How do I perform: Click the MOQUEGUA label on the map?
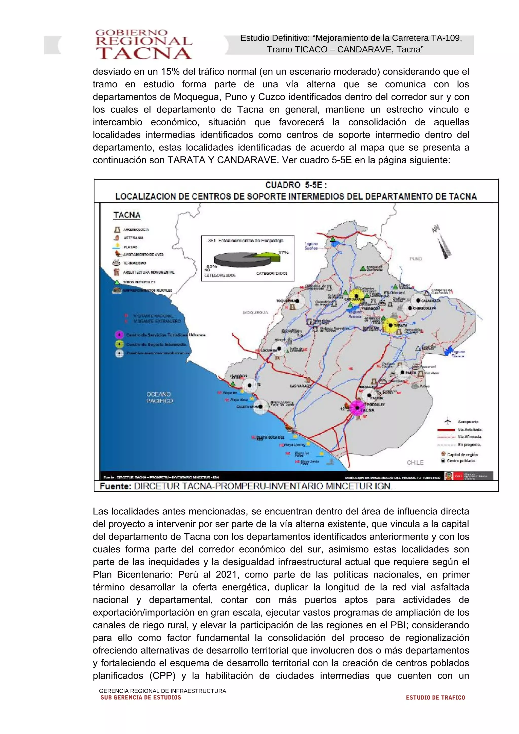click(x=255, y=312)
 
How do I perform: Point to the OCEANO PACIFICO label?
click(x=159, y=397)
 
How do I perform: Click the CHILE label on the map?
click(x=415, y=462)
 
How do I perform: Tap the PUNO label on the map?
click(x=415, y=259)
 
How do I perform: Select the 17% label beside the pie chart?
click(x=283, y=253)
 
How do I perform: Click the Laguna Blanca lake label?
click(x=458, y=354)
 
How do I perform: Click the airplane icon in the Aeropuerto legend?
click(x=448, y=421)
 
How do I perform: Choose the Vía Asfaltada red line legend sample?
click(x=446, y=430)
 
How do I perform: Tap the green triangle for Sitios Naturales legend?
click(x=117, y=282)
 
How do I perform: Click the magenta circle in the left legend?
click(x=119, y=335)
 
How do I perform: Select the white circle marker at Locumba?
click(x=279, y=349)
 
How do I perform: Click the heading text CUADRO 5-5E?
click(x=296, y=185)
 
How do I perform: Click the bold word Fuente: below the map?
click(x=116, y=486)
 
